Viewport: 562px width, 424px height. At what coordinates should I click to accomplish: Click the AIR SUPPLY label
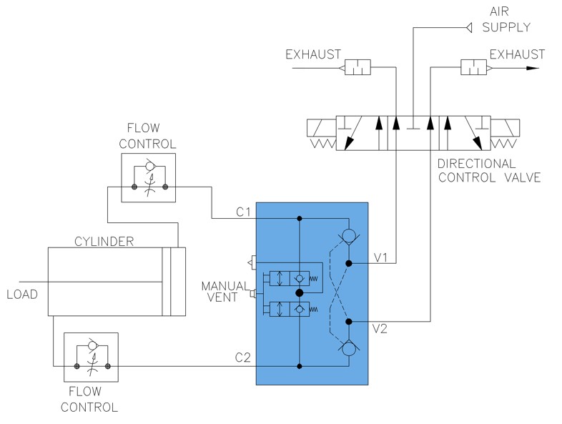pyautogui.click(x=506, y=19)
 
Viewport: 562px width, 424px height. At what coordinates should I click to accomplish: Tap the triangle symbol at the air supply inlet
pyautogui.click(x=469, y=28)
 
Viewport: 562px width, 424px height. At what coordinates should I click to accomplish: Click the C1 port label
pyautogui.click(x=243, y=212)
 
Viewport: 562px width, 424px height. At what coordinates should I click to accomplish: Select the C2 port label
pyautogui.click(x=242, y=358)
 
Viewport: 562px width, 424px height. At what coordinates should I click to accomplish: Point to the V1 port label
pyautogui.click(x=380, y=257)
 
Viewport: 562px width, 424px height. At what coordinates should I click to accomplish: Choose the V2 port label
pyautogui.click(x=380, y=329)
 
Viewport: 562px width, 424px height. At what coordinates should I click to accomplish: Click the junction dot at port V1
pyautogui.click(x=348, y=263)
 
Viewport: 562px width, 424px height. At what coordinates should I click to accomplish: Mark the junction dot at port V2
pyautogui.click(x=348, y=322)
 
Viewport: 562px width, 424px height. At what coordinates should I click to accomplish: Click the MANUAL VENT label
pyautogui.click(x=225, y=292)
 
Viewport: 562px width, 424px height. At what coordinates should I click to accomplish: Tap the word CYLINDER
pyautogui.click(x=104, y=242)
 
